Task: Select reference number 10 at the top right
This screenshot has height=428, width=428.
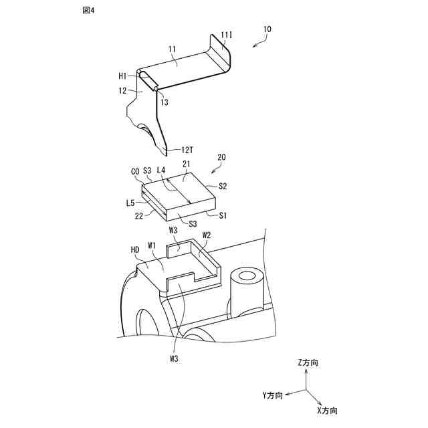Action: (x=267, y=29)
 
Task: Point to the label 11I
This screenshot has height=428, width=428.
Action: (x=227, y=34)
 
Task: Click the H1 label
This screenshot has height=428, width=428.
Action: (x=123, y=77)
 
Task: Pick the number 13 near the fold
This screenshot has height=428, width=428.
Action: (x=165, y=102)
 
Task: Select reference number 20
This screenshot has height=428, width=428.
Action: (x=221, y=157)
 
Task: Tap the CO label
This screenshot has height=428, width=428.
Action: (x=134, y=172)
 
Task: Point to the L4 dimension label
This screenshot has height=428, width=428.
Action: (x=160, y=172)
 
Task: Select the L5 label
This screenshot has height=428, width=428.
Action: (x=131, y=201)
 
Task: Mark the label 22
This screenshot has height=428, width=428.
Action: (x=140, y=215)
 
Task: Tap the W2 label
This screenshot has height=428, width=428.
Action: (x=207, y=235)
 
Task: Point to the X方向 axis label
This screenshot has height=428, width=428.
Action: (x=327, y=409)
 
